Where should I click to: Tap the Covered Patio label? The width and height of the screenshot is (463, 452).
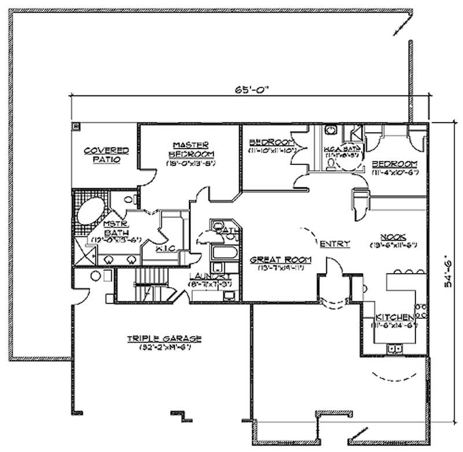(x=106, y=155)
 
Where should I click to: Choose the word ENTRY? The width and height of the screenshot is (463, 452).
(x=335, y=244)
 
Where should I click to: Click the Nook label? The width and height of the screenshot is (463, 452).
(x=392, y=236)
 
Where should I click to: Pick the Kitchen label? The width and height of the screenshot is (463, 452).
(x=395, y=318)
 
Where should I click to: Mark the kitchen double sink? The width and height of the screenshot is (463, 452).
(x=397, y=348)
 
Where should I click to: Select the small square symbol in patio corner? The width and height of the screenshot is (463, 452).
(x=76, y=126)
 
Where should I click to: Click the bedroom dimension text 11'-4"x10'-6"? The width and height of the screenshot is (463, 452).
(x=395, y=171)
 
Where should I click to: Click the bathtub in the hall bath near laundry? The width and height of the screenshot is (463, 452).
(x=222, y=253)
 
